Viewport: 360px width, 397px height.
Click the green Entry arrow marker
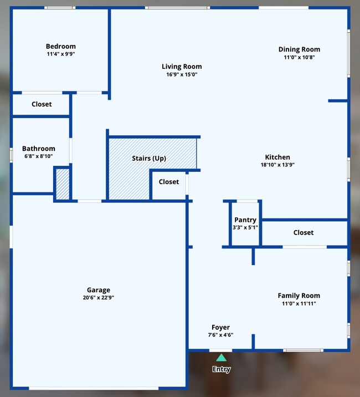click(x=221, y=358)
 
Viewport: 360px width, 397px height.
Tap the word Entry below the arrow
click(x=221, y=369)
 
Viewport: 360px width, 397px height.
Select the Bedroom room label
click(x=60, y=47)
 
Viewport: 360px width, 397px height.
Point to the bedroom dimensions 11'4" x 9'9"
click(x=60, y=54)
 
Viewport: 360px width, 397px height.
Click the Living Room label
click(x=182, y=67)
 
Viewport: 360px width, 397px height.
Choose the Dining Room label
click(x=299, y=49)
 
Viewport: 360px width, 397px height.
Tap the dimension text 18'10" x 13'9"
click(x=277, y=165)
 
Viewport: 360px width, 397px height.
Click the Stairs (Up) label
click(x=148, y=159)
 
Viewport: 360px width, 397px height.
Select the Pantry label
click(x=245, y=220)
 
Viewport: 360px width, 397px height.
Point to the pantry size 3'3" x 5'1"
click(x=245, y=227)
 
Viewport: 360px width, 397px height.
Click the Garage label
click(x=98, y=290)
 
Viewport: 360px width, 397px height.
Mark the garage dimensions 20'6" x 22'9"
click(x=98, y=298)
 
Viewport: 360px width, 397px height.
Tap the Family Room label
click(x=299, y=296)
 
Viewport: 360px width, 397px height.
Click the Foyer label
click(x=220, y=327)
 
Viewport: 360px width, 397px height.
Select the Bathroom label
click(x=38, y=149)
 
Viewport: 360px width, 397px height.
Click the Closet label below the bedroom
click(x=42, y=104)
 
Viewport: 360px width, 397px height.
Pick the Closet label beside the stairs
click(x=169, y=182)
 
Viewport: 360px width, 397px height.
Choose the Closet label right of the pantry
click(x=304, y=233)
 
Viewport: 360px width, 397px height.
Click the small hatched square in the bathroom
click(x=62, y=184)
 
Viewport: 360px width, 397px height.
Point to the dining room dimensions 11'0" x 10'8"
click(x=299, y=57)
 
